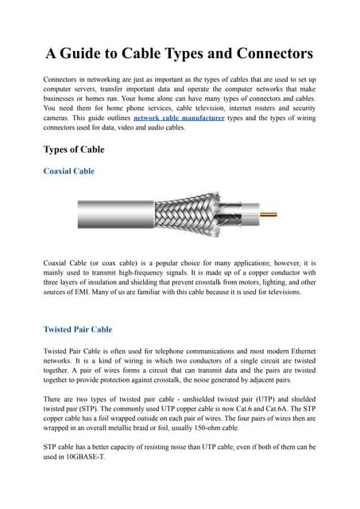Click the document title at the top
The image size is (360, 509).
click(x=180, y=53)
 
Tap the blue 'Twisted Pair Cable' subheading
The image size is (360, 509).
click(x=78, y=328)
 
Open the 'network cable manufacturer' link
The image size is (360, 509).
click(x=179, y=117)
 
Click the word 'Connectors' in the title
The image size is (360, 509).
click(x=267, y=53)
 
